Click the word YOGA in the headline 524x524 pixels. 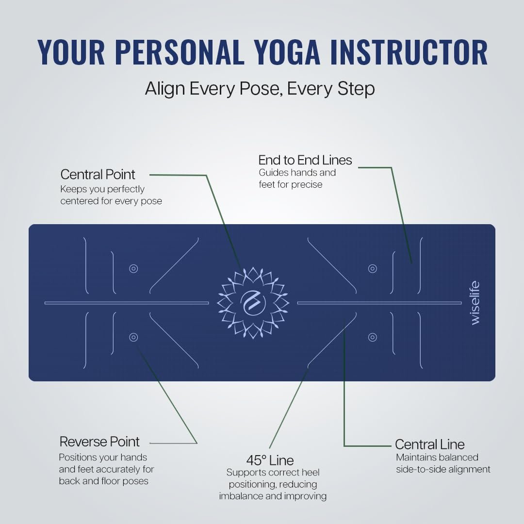pos(286,52)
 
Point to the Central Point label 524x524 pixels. pos(98,175)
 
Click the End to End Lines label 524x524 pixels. pos(305,160)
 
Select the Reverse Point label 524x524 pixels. pos(99,442)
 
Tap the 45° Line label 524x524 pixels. pos(270,460)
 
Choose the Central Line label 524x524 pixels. pos(430,444)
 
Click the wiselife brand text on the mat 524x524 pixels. pos(475,303)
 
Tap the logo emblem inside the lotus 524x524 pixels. pos(253,303)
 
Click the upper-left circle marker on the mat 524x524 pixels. pos(134,269)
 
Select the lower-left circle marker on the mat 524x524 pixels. pos(134,337)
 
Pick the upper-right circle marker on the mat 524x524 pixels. pos(373,269)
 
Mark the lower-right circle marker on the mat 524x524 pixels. pos(373,337)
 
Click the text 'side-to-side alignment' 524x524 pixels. pos(443,469)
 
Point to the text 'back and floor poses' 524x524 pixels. pos(104,481)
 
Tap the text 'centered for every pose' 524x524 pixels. pos(111,201)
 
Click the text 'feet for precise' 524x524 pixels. pos(291,184)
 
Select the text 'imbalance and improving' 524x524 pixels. pos(273,496)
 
